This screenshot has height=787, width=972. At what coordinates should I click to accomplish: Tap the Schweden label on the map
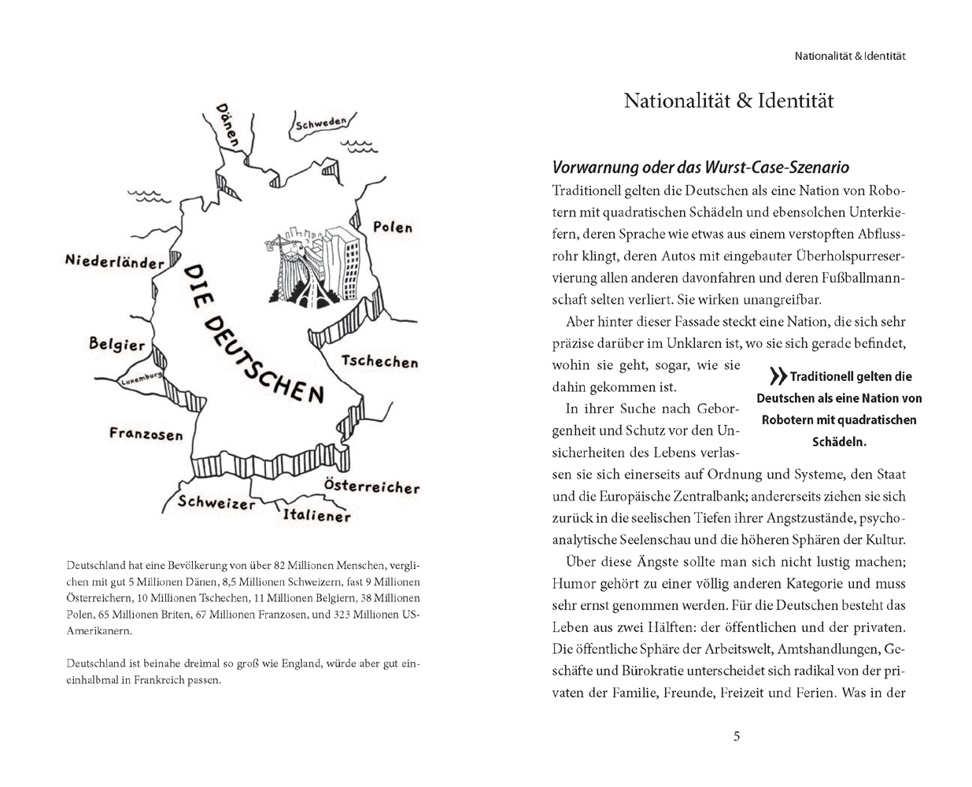[321, 124]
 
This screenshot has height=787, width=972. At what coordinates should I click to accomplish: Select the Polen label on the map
[392, 227]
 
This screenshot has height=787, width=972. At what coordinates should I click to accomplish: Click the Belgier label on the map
[117, 345]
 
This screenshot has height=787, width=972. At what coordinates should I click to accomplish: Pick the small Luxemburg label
[141, 379]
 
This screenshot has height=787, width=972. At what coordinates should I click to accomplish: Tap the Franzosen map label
[146, 434]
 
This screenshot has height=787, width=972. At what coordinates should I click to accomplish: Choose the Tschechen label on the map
[379, 362]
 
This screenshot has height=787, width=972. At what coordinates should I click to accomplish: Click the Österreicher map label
[371, 486]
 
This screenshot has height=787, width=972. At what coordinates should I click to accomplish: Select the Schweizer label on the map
[216, 503]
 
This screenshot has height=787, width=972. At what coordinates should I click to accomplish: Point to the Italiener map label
[316, 516]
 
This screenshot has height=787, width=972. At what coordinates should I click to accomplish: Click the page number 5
[737, 737]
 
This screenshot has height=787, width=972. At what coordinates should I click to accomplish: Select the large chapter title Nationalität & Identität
[729, 102]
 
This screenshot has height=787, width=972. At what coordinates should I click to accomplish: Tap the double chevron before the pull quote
[778, 376]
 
